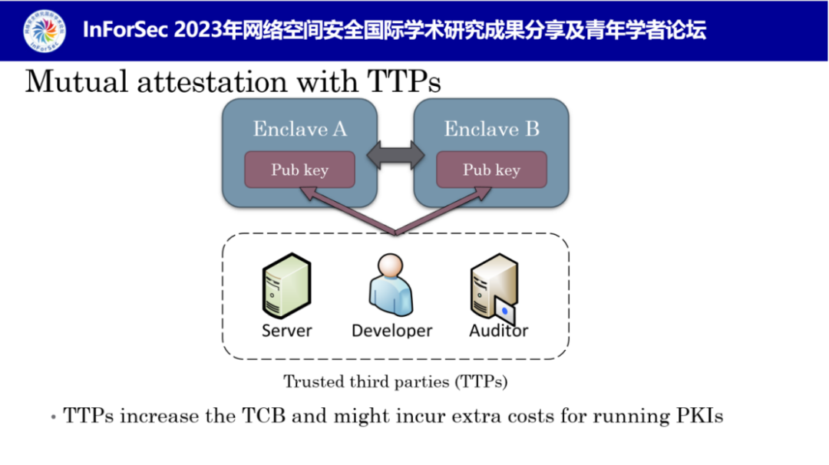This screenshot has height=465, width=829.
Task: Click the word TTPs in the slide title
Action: coord(404,81)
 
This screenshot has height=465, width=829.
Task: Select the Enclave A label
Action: coord(300,129)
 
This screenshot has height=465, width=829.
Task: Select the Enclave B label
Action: coord(491,129)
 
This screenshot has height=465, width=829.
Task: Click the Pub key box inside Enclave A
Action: coord(299,170)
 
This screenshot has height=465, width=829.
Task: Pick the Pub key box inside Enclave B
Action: coord(491,170)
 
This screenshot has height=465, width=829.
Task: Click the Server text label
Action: coord(287,331)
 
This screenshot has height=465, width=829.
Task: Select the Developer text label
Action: coord(391,331)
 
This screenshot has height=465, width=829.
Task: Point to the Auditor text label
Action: coord(499,331)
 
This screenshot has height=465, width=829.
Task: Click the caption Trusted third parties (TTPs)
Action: coord(395,381)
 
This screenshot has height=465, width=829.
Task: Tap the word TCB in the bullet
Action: coord(266,417)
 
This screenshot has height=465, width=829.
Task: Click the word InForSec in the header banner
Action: coord(126,31)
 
